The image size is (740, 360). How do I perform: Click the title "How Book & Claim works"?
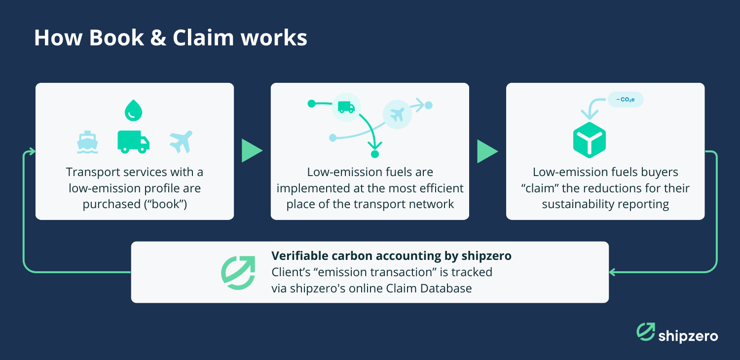point(171,38)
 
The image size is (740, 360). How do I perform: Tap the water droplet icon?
point(133,110)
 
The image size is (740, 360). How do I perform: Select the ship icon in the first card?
point(87,142)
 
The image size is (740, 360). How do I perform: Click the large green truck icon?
point(133,141)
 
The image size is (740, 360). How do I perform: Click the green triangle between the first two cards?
point(252,150)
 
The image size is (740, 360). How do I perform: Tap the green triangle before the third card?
point(487,150)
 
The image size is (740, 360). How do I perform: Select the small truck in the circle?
point(346,107)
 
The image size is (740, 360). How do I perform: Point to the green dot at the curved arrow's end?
point(375,154)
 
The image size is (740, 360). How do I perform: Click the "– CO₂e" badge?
point(625,100)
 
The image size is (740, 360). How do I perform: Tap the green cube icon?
point(589,141)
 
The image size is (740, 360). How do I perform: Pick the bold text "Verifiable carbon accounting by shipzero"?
point(391,256)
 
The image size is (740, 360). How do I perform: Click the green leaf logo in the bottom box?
point(238,272)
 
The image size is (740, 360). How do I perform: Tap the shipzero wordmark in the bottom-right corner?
point(688,336)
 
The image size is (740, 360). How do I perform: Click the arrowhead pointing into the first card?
point(31,151)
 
